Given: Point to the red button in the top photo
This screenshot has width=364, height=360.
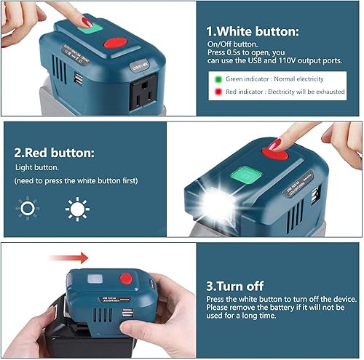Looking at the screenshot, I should tap(114, 43).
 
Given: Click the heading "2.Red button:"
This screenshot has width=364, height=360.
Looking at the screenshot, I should tap(55, 153).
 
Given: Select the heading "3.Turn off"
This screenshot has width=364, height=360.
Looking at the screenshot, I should tap(237, 287).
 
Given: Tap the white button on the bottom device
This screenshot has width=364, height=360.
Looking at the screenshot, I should tap(95, 280).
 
